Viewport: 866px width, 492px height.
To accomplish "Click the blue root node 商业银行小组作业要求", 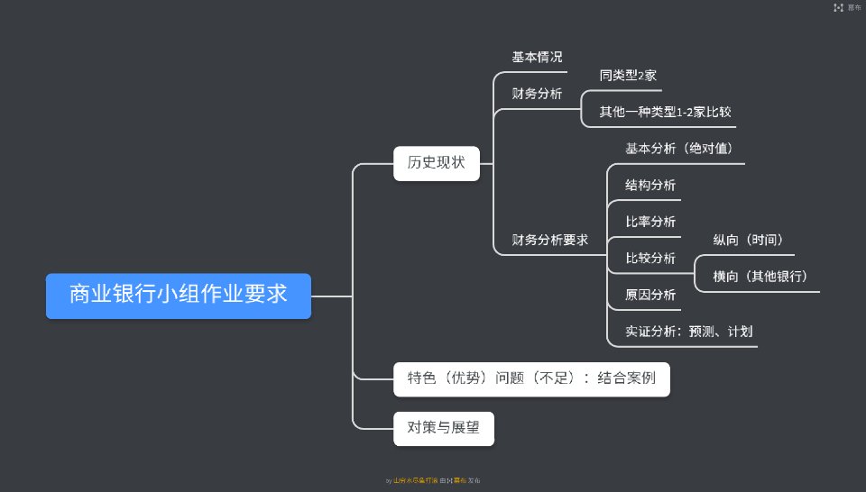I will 179,295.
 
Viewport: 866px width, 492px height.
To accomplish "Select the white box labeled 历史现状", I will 436,163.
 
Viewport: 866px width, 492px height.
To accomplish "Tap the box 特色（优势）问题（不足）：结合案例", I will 531,379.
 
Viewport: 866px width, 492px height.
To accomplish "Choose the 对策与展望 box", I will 444,428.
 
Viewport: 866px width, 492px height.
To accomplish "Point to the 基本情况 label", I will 537,58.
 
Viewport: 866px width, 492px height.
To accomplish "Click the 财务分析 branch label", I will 537,94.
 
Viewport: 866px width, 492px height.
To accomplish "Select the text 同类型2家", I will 628,76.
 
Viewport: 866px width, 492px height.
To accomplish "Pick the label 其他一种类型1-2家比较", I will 665,113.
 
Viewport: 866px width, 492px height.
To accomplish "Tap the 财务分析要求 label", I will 549,240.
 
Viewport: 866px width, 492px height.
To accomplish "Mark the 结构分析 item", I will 650,186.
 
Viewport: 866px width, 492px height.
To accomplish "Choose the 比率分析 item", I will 650,222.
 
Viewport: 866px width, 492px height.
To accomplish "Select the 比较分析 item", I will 650,259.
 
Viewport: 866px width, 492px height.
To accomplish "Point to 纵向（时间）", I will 747,240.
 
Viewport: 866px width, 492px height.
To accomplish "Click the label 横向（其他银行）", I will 760,277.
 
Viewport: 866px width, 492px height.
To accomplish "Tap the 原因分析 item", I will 650,295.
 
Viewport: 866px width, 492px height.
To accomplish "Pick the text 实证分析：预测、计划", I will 688,332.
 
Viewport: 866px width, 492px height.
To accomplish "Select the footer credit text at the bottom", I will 439,481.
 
